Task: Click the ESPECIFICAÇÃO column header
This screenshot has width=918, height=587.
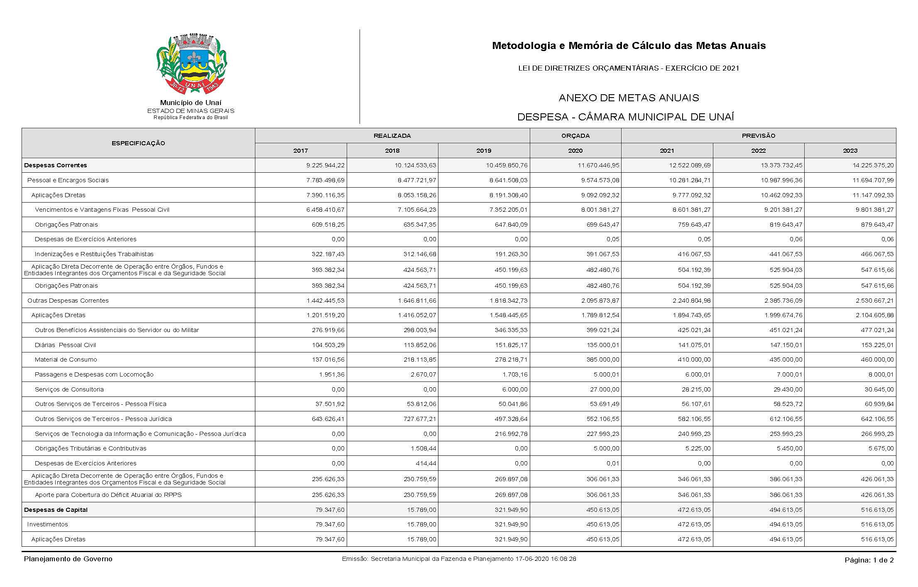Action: click(x=138, y=143)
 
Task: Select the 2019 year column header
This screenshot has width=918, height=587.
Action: click(x=484, y=151)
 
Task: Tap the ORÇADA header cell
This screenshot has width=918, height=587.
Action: click(x=575, y=136)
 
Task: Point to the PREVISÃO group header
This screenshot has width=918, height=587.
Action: click(x=758, y=136)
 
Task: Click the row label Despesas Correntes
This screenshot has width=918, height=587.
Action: click(x=56, y=165)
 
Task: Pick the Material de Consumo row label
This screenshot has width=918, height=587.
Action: click(x=66, y=360)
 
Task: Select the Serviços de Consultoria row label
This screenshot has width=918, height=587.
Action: click(x=69, y=389)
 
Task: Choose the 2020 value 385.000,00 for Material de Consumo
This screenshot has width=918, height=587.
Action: click(x=602, y=360)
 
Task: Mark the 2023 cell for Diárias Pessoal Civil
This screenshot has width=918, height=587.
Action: click(x=876, y=345)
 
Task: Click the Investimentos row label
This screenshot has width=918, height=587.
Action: click(x=47, y=524)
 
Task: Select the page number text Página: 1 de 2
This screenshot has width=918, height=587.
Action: click(x=869, y=560)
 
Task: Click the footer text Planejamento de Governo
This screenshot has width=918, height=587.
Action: click(x=68, y=559)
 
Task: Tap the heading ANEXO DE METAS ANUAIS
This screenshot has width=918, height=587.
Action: click(x=629, y=98)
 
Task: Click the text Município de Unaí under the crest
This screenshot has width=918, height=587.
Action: click(x=191, y=103)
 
